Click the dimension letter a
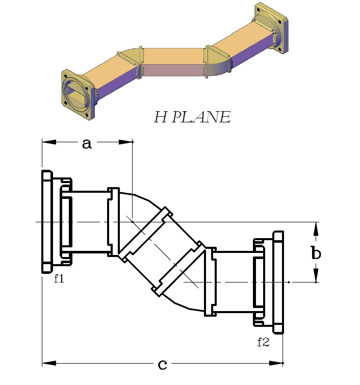(87, 144)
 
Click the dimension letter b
(316, 252)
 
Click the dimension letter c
(162, 365)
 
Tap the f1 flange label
(59, 278)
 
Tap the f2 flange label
(263, 342)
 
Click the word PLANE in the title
(201, 117)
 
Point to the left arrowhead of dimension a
(49, 142)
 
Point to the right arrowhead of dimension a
(126, 142)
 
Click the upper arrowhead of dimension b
(316, 229)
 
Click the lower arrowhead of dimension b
(316, 275)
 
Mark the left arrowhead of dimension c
(49, 363)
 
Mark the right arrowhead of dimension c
(276, 363)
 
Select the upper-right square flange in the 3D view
(271, 28)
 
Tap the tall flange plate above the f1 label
(47, 221)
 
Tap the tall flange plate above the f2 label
(278, 283)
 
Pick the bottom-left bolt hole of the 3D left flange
(66, 102)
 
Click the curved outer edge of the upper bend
(142, 197)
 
